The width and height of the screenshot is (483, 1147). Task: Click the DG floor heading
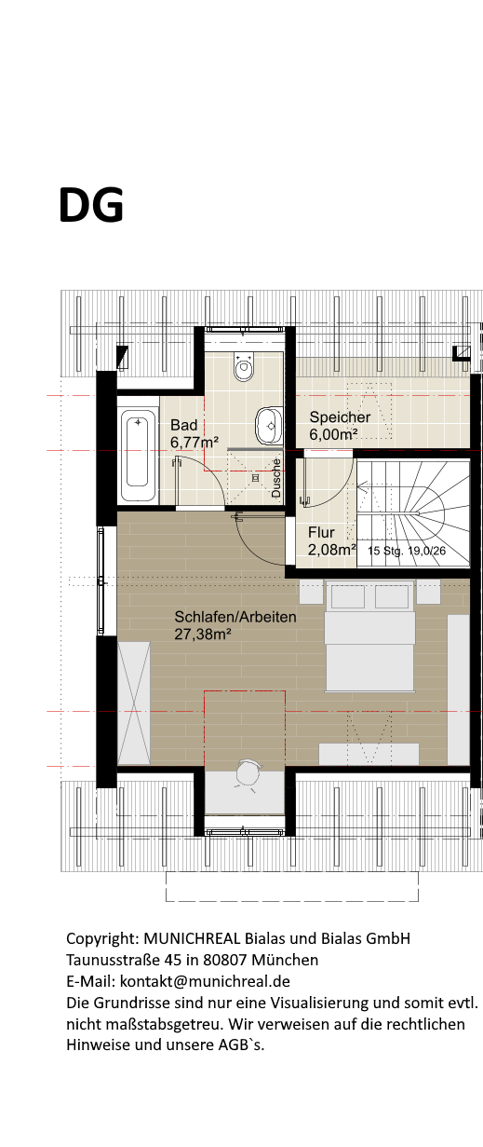coord(91,205)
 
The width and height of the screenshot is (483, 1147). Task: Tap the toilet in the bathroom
coord(244,365)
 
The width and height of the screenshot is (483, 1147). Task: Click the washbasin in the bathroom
coord(269,426)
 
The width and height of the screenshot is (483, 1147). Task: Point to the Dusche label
coord(276,478)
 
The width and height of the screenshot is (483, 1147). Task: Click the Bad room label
coord(183,425)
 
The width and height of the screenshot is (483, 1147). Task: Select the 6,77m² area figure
coord(195,442)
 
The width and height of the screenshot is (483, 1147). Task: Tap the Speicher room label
coord(340,417)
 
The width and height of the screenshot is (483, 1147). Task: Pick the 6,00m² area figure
coord(333,434)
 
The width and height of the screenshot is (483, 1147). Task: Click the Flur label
coord(321,533)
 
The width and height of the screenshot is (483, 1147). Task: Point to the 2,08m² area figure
coord(331,550)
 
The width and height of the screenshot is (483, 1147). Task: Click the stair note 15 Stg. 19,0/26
coord(407,551)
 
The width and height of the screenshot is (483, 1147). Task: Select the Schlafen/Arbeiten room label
coord(235,617)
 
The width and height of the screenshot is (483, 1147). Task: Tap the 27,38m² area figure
coord(203,635)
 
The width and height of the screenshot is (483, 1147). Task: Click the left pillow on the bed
coord(348,596)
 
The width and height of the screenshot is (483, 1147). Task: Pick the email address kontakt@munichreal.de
coord(205,981)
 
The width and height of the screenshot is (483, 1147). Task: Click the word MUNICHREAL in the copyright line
coord(192,938)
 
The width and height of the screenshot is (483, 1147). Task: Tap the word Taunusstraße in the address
coord(114,960)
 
